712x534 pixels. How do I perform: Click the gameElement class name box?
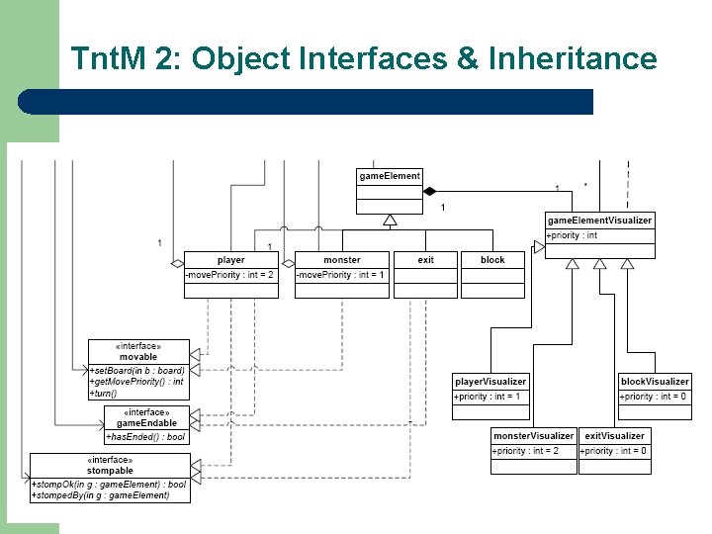[390, 176]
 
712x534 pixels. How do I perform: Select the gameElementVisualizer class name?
[599, 221]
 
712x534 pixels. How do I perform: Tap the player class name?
[230, 260]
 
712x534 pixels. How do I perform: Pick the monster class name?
[342, 260]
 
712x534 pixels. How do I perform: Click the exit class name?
[425, 260]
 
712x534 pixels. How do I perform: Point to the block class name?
[492, 260]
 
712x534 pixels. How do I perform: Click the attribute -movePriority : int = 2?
[229, 274]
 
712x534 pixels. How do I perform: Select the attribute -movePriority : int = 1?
[341, 274]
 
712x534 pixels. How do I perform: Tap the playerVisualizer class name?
[490, 382]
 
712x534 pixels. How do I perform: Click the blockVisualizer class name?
[655, 382]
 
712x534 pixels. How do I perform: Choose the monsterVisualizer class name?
[533, 436]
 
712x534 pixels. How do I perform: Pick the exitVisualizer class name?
[614, 436]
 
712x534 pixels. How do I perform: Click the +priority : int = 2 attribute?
[526, 451]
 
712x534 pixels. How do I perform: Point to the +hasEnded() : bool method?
[146, 437]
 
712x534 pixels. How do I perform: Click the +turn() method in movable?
[104, 393]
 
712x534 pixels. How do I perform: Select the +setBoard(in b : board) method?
[136, 370]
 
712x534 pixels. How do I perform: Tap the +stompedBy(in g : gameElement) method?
[101, 495]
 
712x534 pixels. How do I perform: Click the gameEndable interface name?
[146, 423]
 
